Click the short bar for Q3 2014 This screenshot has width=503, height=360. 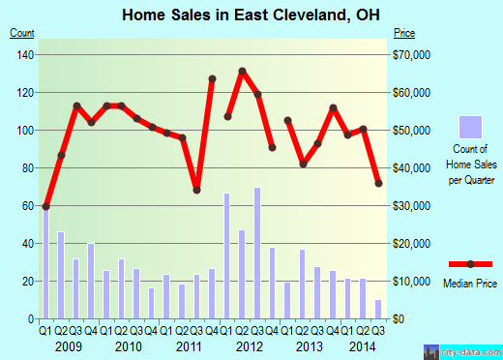(x=378, y=310)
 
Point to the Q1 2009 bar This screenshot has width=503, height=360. (x=45, y=262)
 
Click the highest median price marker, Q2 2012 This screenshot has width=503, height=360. (x=242, y=71)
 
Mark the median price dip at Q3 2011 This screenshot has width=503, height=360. (x=196, y=190)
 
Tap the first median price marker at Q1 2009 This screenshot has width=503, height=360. (x=45, y=206)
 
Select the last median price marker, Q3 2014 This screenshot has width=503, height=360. (x=378, y=183)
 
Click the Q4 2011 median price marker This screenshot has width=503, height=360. (x=212, y=78)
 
